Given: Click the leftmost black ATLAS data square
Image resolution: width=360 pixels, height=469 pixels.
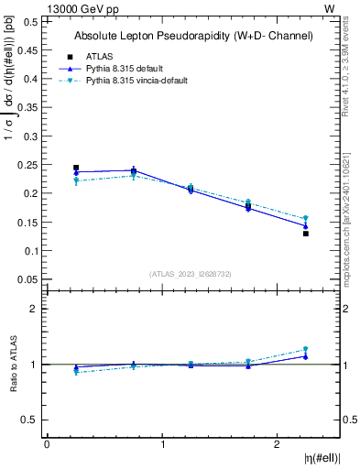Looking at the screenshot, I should coord(76,168).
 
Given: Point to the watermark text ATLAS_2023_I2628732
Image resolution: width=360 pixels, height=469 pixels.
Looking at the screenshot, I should coord(191,273).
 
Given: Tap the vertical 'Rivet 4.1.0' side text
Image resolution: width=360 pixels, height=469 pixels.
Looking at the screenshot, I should coord(351,69).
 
